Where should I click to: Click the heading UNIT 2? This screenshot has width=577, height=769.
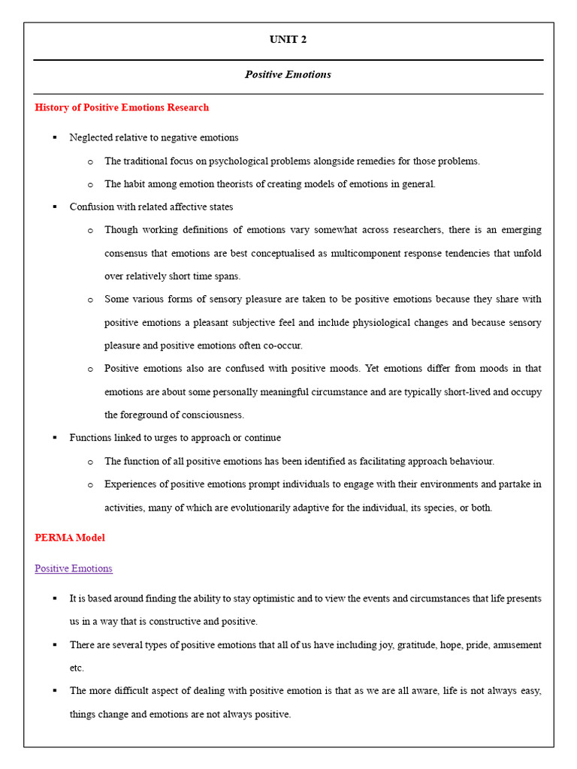pyautogui.click(x=288, y=40)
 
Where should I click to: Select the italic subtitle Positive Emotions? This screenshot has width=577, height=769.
pyautogui.click(x=288, y=74)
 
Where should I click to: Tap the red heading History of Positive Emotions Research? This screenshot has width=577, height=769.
pyautogui.click(x=122, y=107)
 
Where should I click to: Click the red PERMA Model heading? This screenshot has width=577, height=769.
pyautogui.click(x=70, y=538)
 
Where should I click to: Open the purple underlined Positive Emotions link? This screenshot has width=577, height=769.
pyautogui.click(x=74, y=568)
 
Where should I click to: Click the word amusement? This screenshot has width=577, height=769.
pyautogui.click(x=514, y=645)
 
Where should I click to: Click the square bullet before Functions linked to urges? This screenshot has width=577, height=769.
pyautogui.click(x=54, y=438)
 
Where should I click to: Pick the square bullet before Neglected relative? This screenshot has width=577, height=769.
pyautogui.click(x=54, y=138)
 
